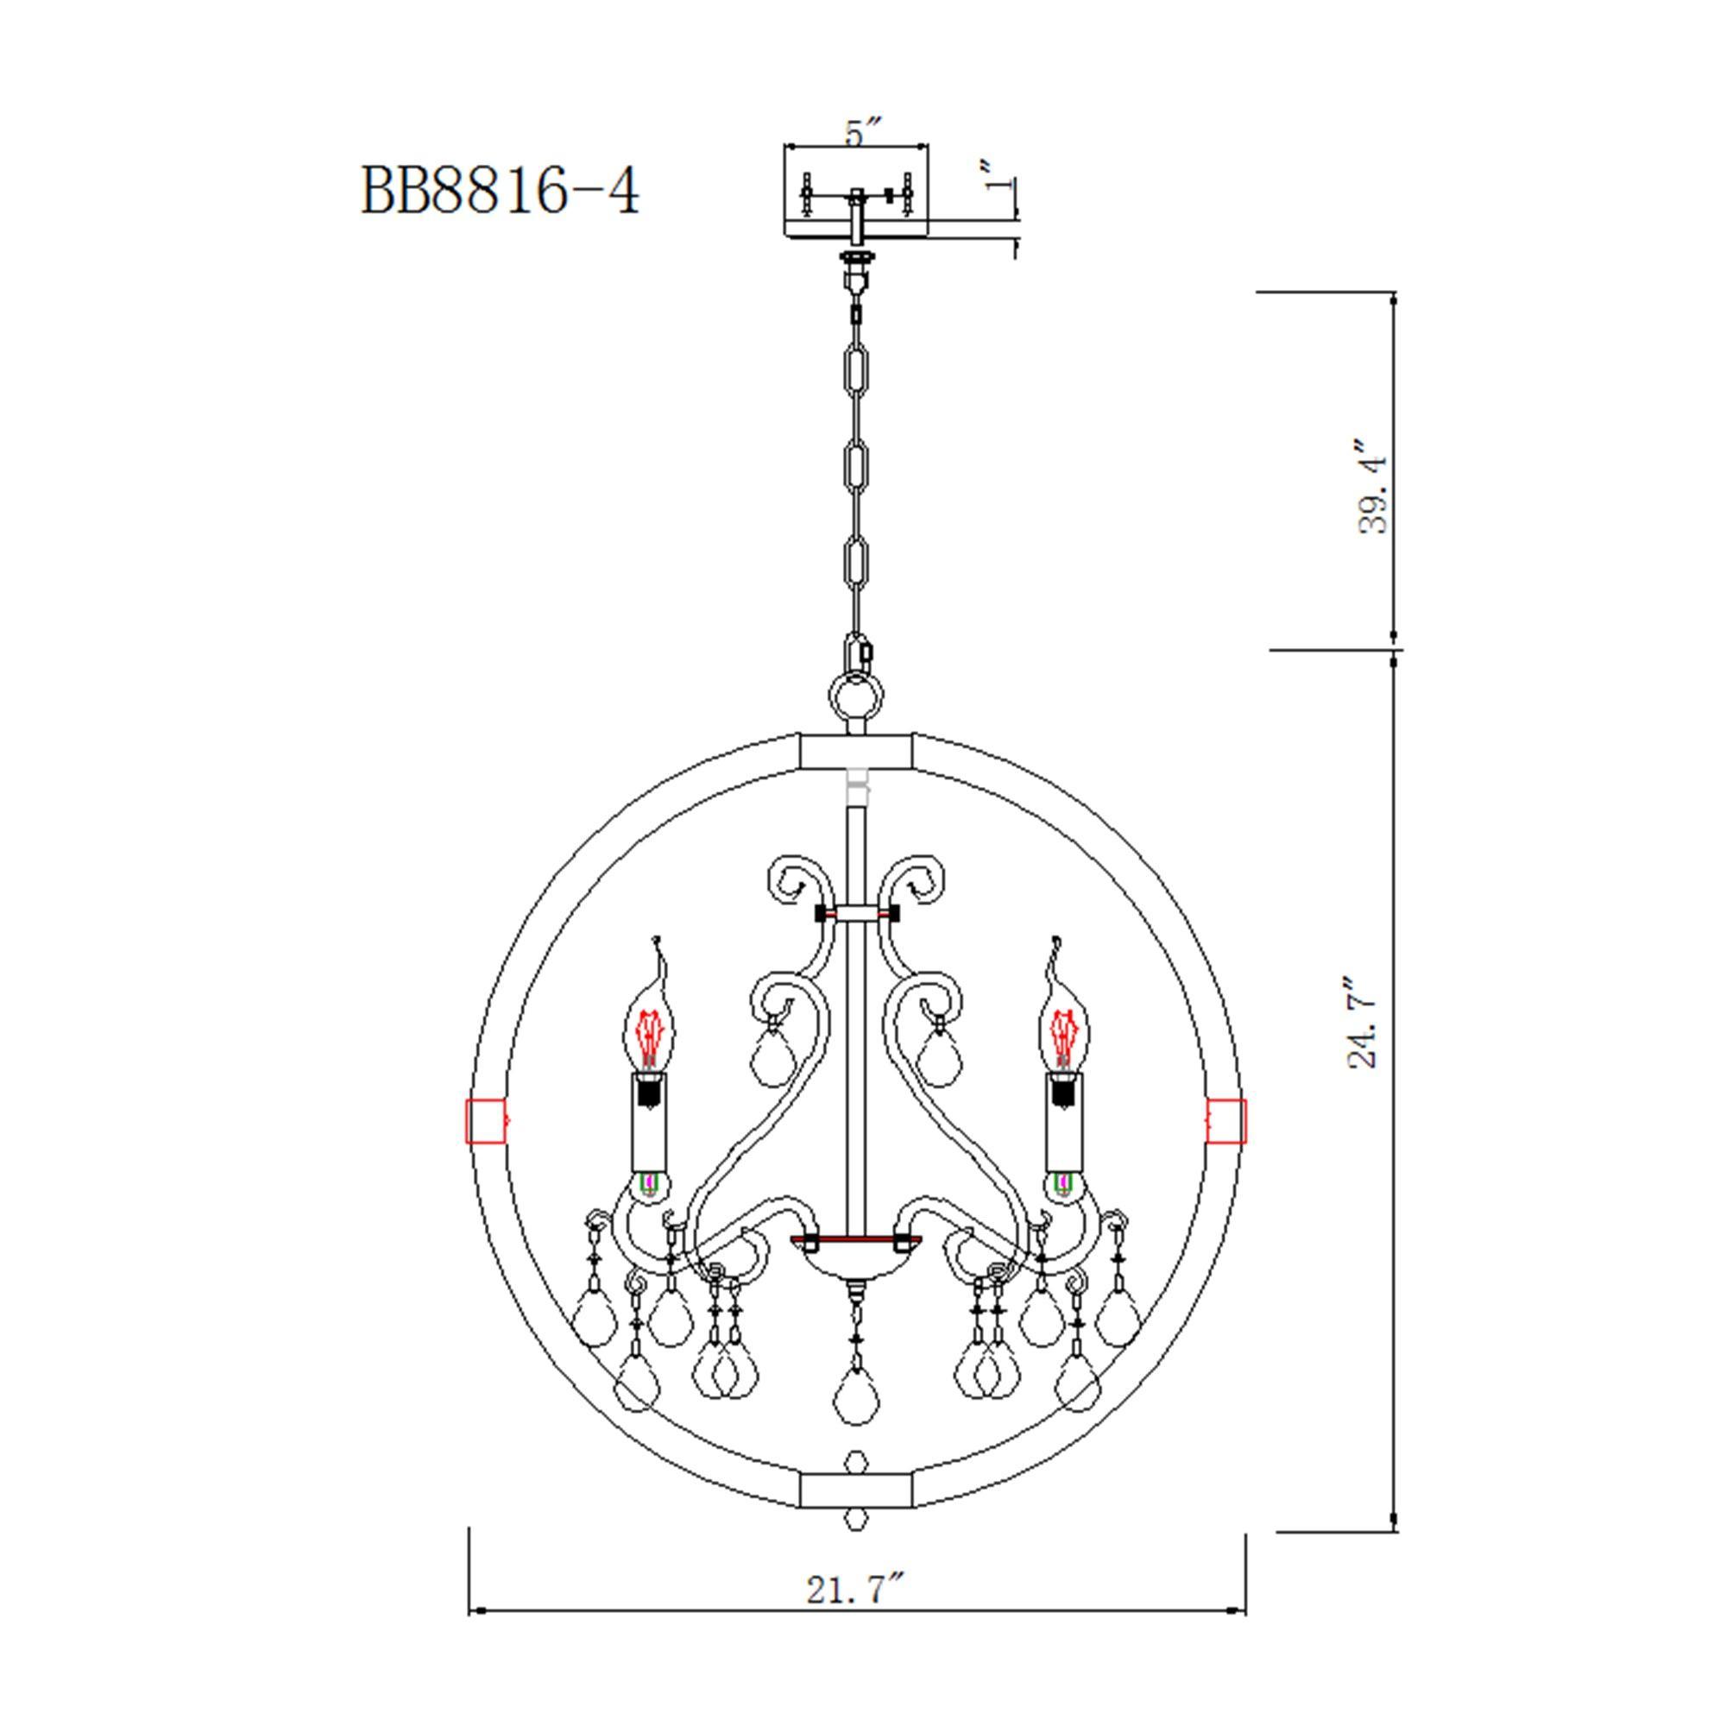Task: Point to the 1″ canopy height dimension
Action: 998,176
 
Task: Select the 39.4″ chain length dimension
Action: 1372,487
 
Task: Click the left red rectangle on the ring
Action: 486,1121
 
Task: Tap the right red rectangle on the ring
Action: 1226,1121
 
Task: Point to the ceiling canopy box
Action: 856,192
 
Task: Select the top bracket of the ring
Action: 856,751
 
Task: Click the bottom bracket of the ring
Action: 856,1491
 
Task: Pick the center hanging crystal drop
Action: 856,1396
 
